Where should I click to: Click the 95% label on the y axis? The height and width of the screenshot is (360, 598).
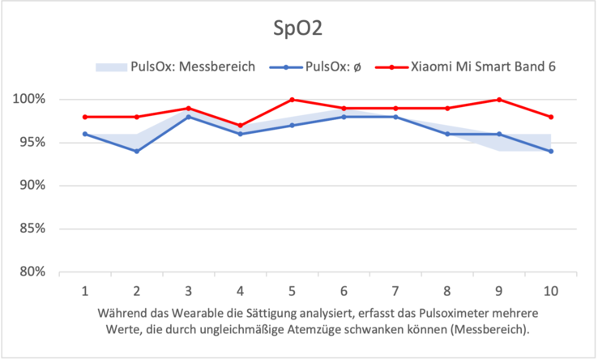coord(35,143)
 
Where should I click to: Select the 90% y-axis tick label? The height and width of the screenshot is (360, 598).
coord(35,186)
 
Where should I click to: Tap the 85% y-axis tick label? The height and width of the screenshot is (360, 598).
coord(35,229)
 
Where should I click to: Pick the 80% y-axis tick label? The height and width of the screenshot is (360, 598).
coord(35,272)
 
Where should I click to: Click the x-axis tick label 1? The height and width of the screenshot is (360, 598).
coord(84,289)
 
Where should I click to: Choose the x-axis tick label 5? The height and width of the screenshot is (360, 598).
coord(292,289)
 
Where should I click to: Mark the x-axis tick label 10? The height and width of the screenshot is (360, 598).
coord(551,289)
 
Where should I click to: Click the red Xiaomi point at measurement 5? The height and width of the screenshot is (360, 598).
coord(292,100)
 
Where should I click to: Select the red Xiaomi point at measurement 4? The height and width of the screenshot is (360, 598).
coord(240,126)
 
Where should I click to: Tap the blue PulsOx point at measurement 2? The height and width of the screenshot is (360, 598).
coord(136,152)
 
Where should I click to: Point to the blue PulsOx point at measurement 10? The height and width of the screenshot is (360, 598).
coord(551,152)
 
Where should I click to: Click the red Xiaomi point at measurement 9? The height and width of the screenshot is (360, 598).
coord(499,100)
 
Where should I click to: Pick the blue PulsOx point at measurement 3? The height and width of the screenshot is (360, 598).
coord(188,117)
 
